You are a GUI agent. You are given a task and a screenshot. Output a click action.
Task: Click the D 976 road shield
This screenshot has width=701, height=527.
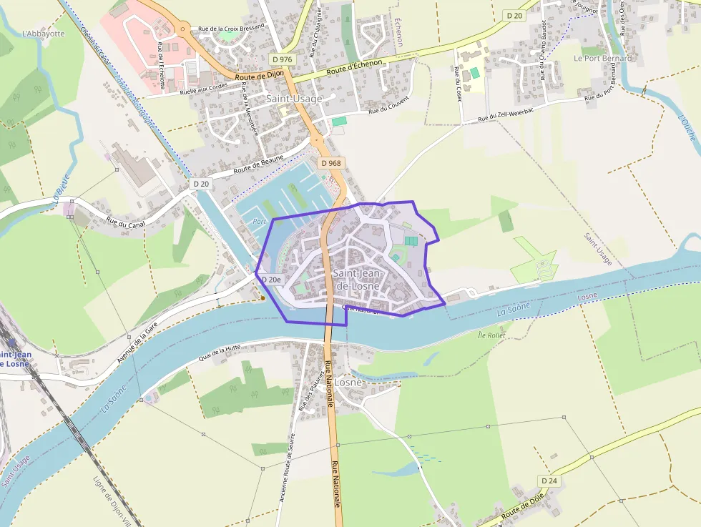[x=283, y=59]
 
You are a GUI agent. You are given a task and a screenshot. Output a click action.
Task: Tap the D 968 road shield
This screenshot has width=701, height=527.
[x=332, y=163]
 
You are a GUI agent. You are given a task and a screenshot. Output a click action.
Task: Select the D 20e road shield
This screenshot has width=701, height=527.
[x=271, y=280]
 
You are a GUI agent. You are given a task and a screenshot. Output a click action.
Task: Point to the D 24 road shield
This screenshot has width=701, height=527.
[x=549, y=481]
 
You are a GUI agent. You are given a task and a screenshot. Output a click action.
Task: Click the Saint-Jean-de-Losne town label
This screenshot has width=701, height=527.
[x=358, y=280]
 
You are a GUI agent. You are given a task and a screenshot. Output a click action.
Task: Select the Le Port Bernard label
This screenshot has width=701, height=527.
[x=603, y=58]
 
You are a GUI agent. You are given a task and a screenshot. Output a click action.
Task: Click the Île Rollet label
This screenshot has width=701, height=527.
[x=491, y=335]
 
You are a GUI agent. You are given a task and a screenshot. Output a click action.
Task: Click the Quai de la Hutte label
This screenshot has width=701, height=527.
[x=220, y=350]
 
